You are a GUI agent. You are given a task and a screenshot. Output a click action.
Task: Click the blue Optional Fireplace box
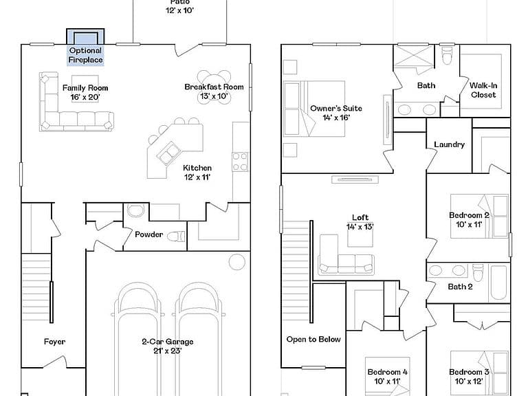(85, 47)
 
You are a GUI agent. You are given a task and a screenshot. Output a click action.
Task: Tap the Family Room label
(85, 88)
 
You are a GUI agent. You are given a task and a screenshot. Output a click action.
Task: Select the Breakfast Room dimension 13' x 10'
(214, 96)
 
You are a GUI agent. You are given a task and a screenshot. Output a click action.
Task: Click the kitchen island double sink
(168, 153)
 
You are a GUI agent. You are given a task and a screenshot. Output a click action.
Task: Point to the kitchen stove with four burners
(240, 162)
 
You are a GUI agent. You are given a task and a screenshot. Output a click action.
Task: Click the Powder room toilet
(176, 236)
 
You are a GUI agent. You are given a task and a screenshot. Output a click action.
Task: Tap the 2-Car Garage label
(167, 342)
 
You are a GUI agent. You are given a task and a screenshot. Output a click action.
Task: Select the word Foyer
(54, 342)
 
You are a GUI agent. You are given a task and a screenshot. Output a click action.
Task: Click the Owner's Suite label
(336, 109)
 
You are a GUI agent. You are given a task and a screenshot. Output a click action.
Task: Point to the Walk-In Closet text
(483, 90)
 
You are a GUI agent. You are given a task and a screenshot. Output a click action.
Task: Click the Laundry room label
(449, 144)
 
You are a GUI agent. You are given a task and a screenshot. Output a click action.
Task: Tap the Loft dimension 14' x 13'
(360, 227)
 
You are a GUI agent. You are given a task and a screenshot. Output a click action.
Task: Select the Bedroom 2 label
(469, 215)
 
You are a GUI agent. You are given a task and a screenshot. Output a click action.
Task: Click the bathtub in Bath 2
(498, 283)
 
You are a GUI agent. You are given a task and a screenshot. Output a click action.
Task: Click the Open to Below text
(313, 339)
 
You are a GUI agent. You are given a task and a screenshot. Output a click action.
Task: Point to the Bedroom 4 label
(387, 372)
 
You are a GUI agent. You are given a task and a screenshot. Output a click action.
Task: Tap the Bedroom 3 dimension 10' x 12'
(469, 381)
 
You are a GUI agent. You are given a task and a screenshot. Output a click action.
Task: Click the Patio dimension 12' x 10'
(179, 10)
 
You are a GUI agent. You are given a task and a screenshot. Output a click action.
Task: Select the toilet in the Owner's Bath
(447, 55)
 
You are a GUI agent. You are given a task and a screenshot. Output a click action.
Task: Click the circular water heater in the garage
(237, 261)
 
